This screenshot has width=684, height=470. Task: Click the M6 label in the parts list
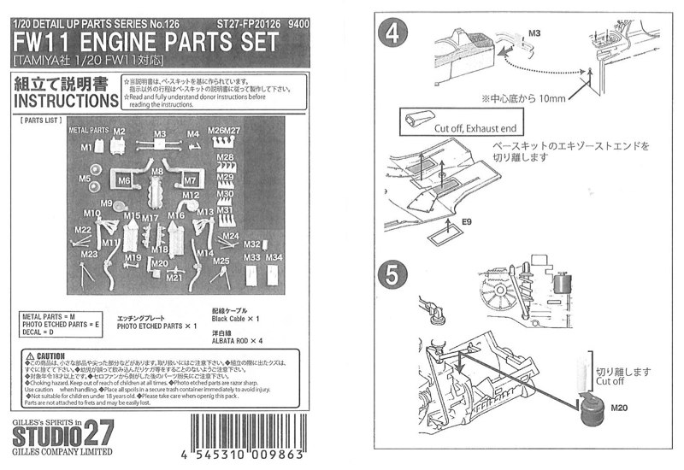[x=125, y=181]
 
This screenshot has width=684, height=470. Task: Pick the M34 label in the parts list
[x=274, y=258]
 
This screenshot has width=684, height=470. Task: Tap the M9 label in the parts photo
[x=107, y=203]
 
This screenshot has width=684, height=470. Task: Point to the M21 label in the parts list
[x=175, y=277]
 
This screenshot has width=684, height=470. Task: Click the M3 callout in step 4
[x=535, y=32]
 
